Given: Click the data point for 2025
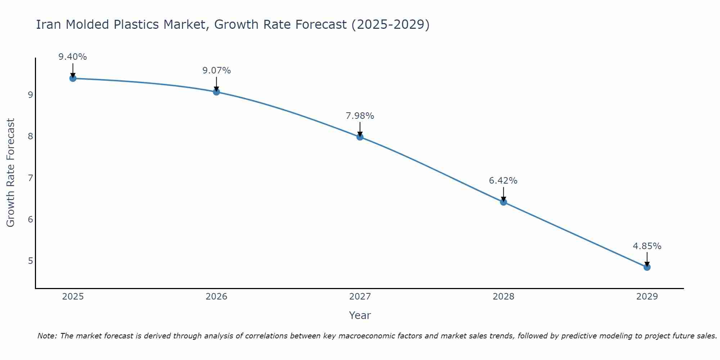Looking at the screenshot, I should (73, 78).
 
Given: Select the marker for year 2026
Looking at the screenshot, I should (216, 92).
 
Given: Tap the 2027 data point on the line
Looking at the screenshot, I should (360, 137).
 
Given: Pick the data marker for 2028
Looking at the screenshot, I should (503, 202).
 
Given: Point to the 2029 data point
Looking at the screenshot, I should (647, 267).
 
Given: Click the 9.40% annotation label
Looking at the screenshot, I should (73, 57).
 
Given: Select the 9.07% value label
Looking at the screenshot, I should (216, 71).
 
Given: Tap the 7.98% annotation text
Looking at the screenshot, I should (360, 116).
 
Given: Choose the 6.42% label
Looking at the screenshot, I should (503, 181).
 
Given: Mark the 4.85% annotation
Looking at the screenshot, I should (647, 246).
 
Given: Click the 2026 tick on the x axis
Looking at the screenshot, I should (216, 297).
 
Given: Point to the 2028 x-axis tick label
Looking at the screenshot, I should (503, 297).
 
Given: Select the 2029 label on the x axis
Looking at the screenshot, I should (647, 297).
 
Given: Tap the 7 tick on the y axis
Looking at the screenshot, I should (30, 178).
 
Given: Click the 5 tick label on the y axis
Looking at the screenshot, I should (30, 261).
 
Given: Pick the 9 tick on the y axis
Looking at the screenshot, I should (30, 95).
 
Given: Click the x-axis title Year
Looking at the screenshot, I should (360, 315).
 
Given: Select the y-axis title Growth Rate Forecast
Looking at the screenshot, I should (11, 173).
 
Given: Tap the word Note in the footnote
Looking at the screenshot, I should (47, 336).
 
